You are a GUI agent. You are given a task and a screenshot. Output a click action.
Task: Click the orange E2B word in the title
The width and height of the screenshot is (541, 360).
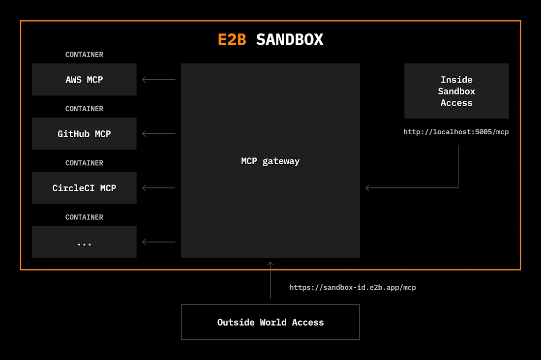(x=232, y=40)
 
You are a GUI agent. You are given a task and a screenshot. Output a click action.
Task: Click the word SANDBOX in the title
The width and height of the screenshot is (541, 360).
(x=290, y=40)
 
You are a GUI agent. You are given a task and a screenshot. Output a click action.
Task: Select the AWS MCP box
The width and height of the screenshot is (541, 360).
(x=84, y=80)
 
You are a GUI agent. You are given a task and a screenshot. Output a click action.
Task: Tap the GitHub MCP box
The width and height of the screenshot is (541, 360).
(x=84, y=134)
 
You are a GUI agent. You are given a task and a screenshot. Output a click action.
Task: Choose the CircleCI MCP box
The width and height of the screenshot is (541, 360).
(x=84, y=188)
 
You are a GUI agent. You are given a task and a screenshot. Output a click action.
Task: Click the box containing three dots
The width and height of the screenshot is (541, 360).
(x=84, y=242)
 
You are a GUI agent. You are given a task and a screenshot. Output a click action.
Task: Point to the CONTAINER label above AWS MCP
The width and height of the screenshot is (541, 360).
(x=84, y=55)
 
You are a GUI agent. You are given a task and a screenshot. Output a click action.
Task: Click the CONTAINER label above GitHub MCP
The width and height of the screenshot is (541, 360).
(x=84, y=109)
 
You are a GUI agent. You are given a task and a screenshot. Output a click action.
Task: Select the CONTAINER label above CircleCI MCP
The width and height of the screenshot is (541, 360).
(x=84, y=163)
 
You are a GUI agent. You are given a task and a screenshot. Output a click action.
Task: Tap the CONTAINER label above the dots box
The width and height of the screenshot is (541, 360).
(x=84, y=217)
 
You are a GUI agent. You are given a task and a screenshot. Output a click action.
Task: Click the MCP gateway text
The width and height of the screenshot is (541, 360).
(x=270, y=161)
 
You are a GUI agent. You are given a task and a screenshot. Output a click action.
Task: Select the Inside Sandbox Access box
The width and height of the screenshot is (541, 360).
(x=456, y=91)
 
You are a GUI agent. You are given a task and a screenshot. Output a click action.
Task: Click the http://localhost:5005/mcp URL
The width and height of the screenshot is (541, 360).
(x=456, y=132)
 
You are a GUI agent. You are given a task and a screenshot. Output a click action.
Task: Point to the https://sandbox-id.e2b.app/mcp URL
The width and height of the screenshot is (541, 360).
(x=353, y=287)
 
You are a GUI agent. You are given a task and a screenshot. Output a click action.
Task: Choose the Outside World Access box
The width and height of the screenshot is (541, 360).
(x=270, y=322)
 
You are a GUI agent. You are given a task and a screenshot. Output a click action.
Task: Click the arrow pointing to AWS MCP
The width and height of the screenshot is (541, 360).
(x=158, y=80)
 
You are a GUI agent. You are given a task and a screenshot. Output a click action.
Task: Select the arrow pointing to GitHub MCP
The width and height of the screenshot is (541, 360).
(x=158, y=134)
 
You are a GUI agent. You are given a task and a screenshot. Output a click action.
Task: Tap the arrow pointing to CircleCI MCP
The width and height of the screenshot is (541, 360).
(x=158, y=188)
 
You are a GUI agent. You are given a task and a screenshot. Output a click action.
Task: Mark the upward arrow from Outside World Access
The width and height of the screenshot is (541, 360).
(x=270, y=280)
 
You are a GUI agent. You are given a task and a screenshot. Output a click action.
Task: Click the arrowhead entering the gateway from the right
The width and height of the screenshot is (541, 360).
(x=368, y=188)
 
